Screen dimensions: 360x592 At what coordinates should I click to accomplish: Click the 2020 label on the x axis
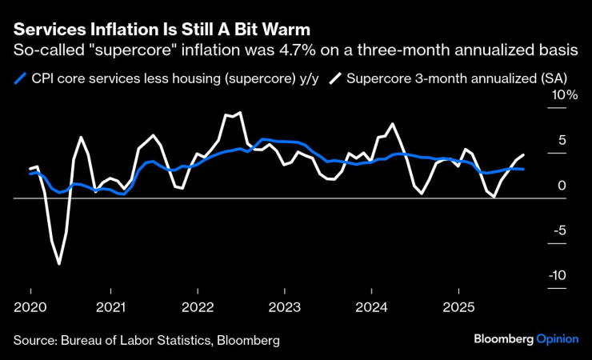[30, 307]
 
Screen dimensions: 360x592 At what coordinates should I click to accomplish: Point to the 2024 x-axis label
[371, 307]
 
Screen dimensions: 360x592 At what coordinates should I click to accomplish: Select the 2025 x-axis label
[458, 307]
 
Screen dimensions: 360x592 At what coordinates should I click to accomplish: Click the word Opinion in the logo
[558, 339]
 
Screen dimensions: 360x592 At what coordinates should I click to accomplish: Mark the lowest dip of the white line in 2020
[59, 263]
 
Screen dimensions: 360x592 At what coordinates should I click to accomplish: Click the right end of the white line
[524, 154]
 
